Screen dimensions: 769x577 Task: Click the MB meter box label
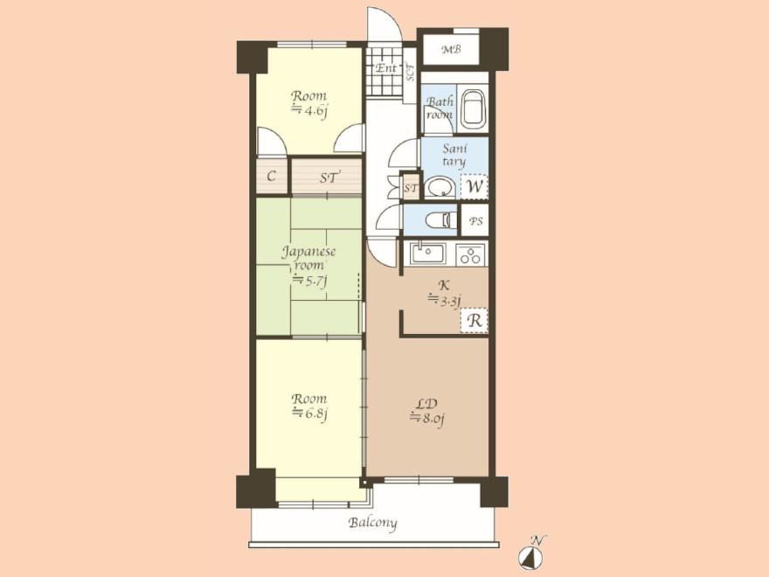(x=451, y=49)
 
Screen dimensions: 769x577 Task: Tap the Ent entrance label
(x=385, y=68)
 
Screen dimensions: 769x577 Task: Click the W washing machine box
(x=474, y=186)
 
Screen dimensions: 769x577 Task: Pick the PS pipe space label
(x=475, y=221)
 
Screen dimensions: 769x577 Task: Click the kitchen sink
(x=427, y=254)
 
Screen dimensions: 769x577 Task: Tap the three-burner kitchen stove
(x=471, y=254)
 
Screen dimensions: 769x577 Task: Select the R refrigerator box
(x=474, y=320)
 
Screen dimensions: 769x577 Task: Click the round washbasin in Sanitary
(x=440, y=187)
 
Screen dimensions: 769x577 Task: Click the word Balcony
(x=373, y=523)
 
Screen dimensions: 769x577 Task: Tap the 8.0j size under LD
(x=427, y=419)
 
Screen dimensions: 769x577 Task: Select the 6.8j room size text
(x=309, y=414)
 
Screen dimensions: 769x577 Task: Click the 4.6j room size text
(x=309, y=110)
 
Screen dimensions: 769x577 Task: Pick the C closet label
(x=271, y=176)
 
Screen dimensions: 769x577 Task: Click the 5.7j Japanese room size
(x=309, y=280)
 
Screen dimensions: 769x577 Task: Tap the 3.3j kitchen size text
(x=444, y=300)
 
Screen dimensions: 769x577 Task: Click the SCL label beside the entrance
(x=410, y=72)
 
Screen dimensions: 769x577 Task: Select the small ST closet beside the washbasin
(x=411, y=187)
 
